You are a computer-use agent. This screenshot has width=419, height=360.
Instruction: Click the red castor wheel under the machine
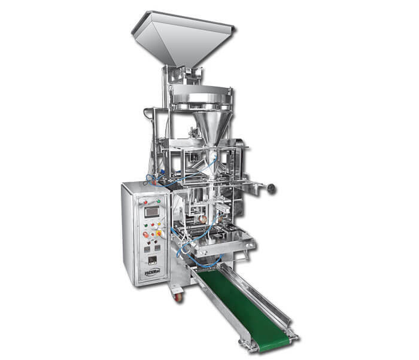[x=178, y=296]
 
